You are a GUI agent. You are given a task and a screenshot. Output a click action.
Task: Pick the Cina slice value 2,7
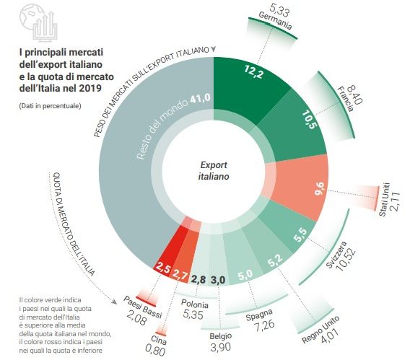[182, 277]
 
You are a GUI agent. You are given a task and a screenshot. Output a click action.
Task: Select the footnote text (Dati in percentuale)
[50, 106]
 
